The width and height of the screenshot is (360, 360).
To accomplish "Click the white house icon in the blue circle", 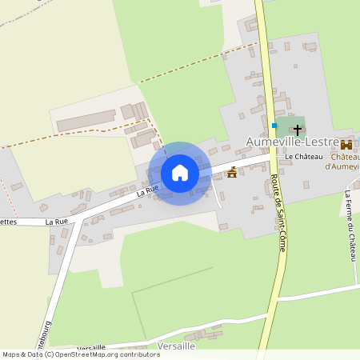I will tap(180, 173).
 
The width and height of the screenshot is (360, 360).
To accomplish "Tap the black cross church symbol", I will tap(298, 129).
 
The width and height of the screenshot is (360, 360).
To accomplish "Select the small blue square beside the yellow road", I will tap(274, 126).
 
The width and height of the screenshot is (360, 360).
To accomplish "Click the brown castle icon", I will tap(346, 145).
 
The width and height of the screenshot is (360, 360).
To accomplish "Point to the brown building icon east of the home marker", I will tap(232, 172).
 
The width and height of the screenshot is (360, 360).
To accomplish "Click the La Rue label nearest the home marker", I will tap(147, 190).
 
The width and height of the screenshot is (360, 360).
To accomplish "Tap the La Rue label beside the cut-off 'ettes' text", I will tap(57, 221).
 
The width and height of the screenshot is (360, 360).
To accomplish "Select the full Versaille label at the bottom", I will tap(177, 345).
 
